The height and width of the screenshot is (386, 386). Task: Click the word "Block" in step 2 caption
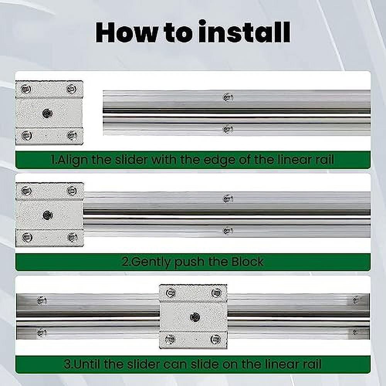pos(247,262)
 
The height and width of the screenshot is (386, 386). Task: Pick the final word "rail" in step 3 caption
pos(312,364)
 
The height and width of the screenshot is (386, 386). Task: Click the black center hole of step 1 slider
pos(47,113)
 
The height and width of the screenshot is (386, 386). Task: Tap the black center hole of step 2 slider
pos(47,215)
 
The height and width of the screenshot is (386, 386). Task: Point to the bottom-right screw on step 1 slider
pos(72,135)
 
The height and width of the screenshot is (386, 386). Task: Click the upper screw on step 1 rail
pos(228,97)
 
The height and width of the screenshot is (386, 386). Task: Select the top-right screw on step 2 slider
pos(72,191)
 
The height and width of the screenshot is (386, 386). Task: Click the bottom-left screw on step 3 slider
pos(170,339)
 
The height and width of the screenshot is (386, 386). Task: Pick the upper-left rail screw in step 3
pos(42,300)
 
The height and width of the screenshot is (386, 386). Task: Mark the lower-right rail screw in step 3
pos(356,332)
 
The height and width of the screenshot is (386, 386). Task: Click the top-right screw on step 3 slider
pos(217,293)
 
